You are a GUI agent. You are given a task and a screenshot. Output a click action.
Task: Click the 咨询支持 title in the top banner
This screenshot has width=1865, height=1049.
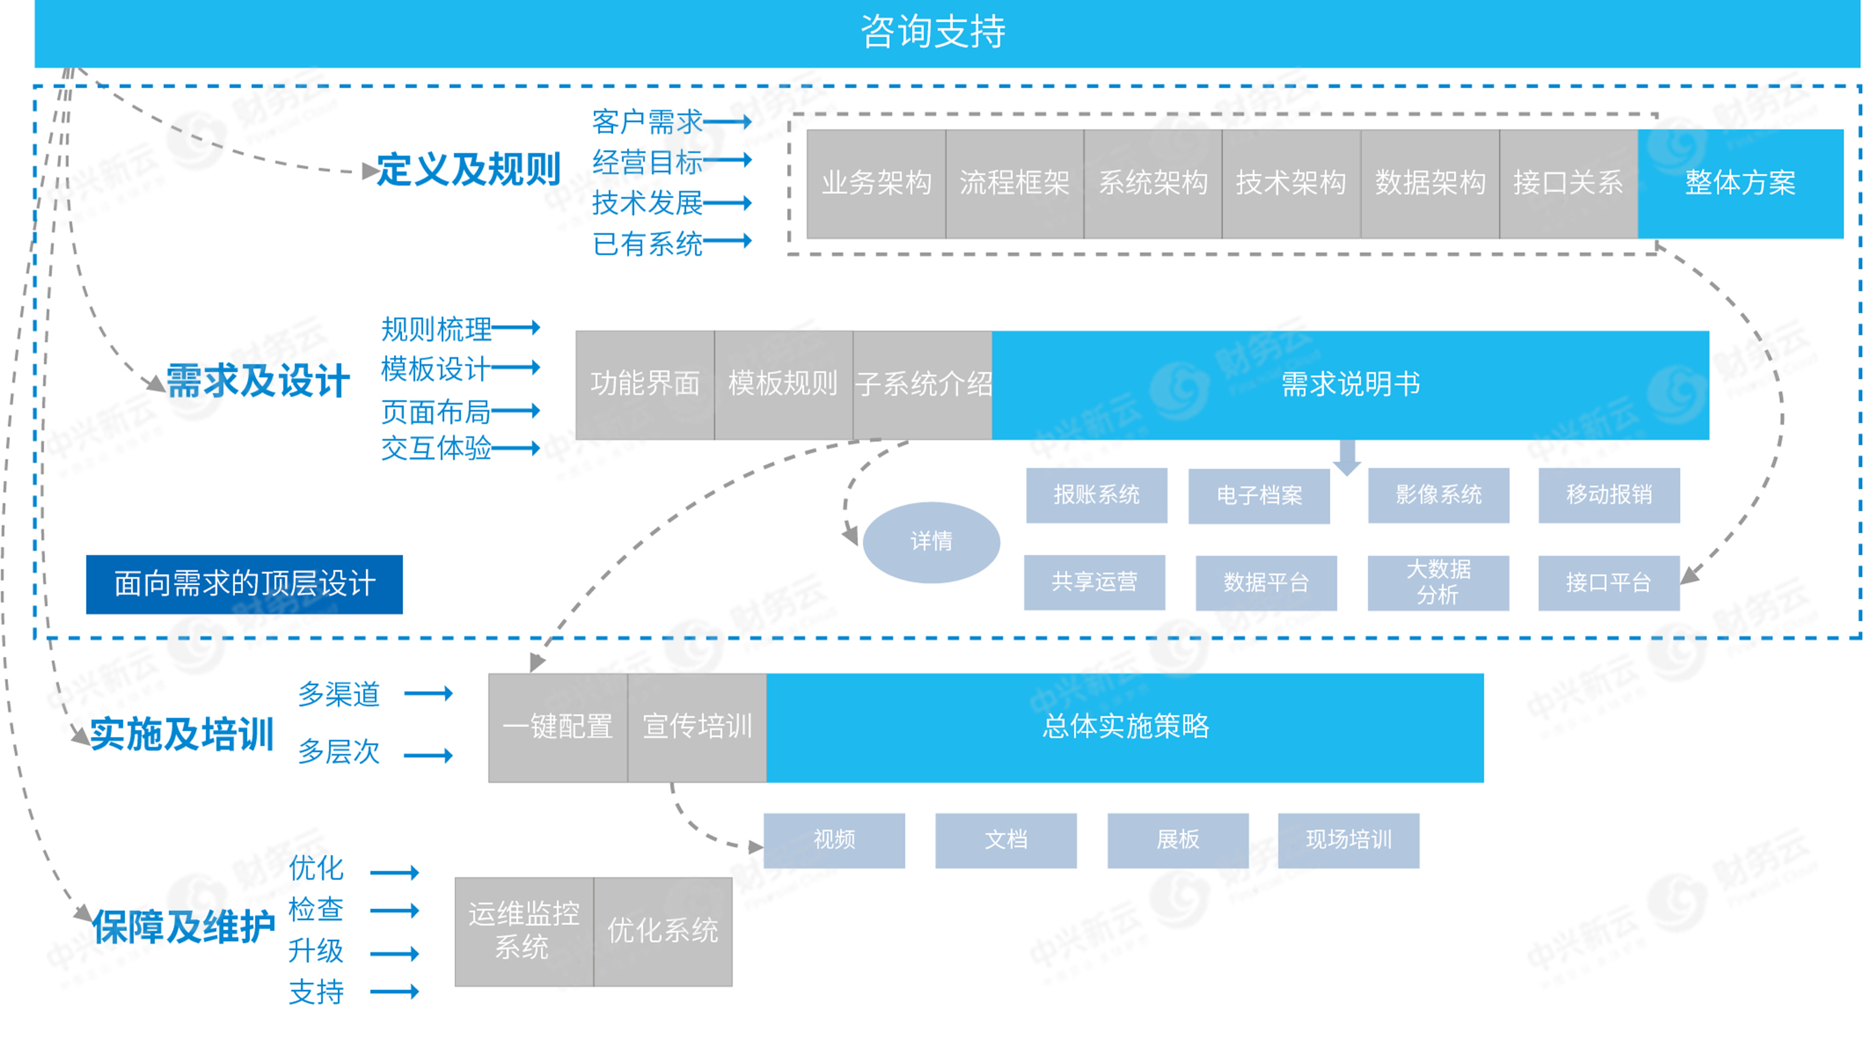(x=932, y=32)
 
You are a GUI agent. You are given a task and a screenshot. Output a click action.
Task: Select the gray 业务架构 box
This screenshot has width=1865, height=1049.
(x=876, y=183)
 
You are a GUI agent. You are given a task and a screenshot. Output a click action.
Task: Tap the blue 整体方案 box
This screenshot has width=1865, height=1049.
(x=1740, y=183)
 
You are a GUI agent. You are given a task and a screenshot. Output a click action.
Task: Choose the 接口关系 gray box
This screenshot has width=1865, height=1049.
(x=1568, y=183)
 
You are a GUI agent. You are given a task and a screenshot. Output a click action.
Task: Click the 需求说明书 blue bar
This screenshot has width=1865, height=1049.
(x=1350, y=384)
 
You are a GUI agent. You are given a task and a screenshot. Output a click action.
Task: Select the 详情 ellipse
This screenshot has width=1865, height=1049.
(x=931, y=542)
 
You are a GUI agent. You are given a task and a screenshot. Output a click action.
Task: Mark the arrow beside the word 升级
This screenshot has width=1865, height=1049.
(x=395, y=954)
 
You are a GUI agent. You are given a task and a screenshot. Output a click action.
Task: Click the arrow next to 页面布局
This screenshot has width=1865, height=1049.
(x=515, y=411)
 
